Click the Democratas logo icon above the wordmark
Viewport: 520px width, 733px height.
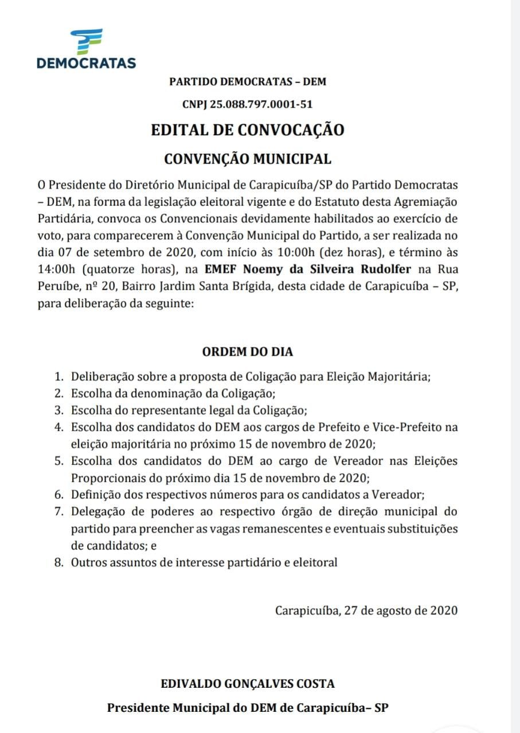point(86,41)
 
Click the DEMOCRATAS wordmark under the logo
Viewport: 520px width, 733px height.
point(86,63)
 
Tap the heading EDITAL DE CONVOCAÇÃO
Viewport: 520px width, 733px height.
point(248,130)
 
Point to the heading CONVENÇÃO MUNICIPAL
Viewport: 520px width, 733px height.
point(248,159)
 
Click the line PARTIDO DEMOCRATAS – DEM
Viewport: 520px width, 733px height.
point(248,82)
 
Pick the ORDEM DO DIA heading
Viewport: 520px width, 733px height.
point(248,352)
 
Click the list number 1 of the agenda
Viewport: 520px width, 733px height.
point(58,377)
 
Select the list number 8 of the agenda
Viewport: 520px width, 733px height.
point(58,562)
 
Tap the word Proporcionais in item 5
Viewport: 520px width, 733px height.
point(105,478)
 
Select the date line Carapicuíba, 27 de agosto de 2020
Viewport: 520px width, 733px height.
point(366,610)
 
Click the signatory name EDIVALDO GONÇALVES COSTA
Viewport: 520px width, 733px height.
point(248,683)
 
